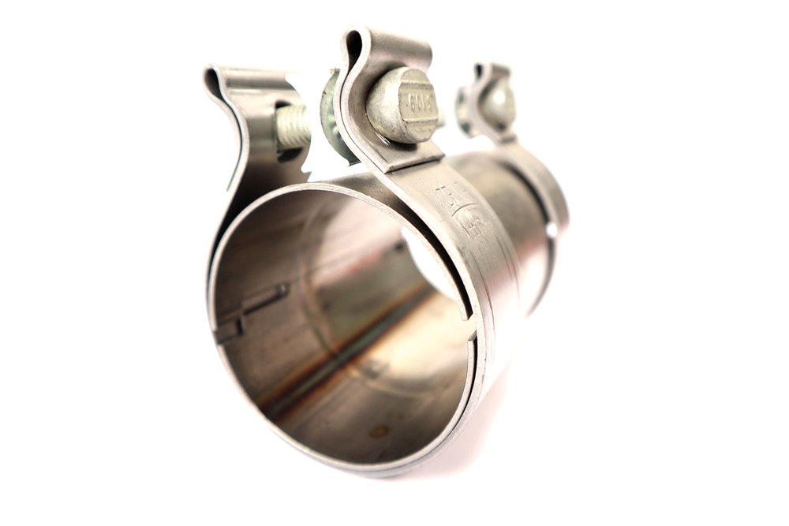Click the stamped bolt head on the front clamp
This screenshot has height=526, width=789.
[x=404, y=105]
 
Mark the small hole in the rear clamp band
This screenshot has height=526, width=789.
[x=550, y=231]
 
